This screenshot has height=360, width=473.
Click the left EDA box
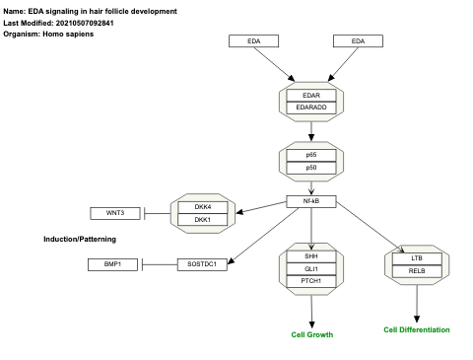(253, 41)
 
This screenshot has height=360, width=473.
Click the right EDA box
(357, 41)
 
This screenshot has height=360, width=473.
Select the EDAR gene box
(311, 96)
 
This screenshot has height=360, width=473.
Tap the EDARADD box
(311, 108)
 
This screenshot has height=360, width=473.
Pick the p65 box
(311, 155)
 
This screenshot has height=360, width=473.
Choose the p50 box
(311, 168)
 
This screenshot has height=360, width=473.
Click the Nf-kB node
(311, 201)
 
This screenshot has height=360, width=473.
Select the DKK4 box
(202, 207)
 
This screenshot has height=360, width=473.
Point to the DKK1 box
(202, 219)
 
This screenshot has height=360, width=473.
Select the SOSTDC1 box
(202, 263)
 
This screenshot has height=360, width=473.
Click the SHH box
(311, 256)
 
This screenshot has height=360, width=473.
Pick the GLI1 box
(311, 268)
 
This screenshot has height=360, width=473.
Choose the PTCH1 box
(311, 281)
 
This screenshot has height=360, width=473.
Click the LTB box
(417, 258)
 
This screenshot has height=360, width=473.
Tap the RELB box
(417, 270)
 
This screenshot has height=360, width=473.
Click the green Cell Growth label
(311, 335)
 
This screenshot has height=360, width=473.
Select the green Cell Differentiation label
(417, 329)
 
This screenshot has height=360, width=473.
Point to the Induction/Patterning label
(80, 240)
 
